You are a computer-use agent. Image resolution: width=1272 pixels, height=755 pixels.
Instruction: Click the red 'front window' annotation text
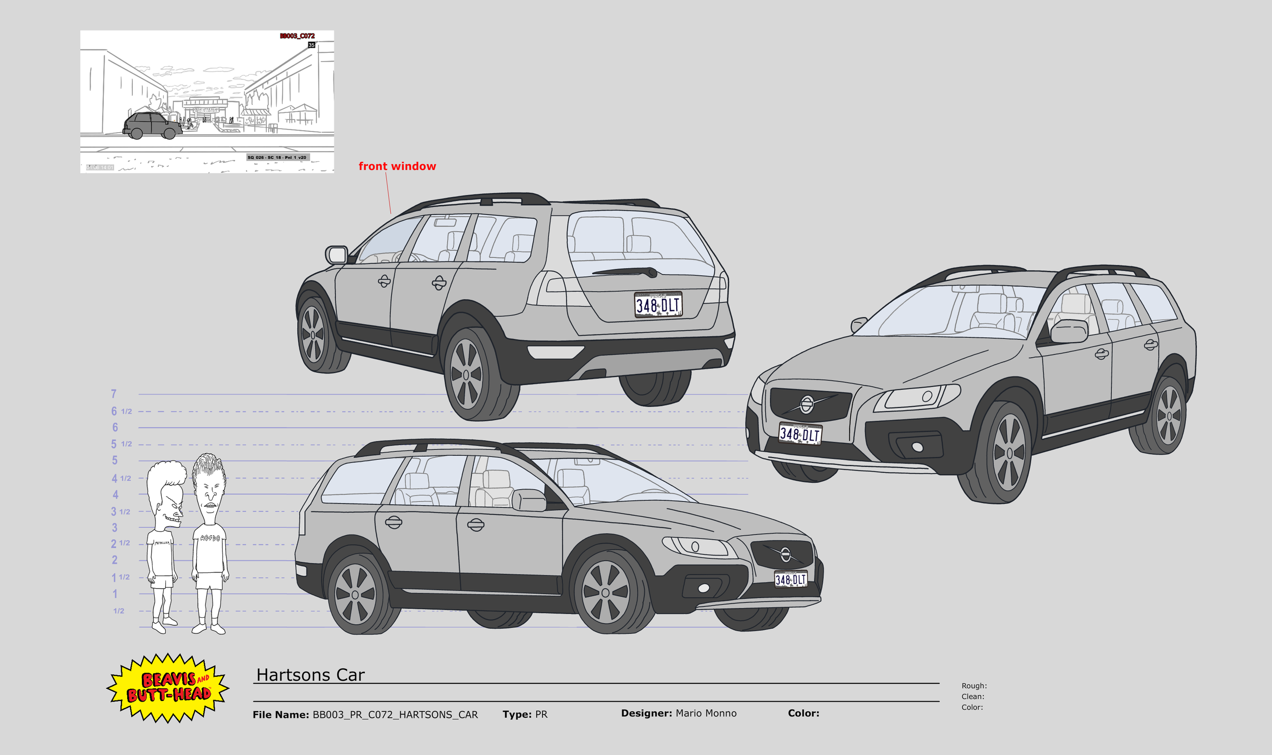(x=397, y=166)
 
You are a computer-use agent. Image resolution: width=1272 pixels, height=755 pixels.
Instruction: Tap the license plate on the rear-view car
(x=658, y=305)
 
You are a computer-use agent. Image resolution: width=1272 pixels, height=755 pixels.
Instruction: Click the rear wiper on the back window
(x=626, y=272)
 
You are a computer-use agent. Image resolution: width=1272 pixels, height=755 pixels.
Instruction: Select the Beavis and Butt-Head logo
(x=168, y=687)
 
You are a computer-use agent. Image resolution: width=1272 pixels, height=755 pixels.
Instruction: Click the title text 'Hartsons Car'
(x=310, y=675)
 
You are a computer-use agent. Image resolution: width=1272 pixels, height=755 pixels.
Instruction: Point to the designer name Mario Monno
(x=706, y=713)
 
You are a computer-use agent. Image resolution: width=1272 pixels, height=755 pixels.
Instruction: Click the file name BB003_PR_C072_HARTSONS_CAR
(x=395, y=714)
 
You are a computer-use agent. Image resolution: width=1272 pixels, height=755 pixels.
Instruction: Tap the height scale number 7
(x=113, y=394)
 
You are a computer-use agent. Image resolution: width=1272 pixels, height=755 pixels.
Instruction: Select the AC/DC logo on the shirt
(x=210, y=538)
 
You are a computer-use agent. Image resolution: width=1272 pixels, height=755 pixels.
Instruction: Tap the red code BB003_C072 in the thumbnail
(x=297, y=36)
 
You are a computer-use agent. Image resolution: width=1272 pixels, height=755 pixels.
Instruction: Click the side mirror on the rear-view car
(x=336, y=254)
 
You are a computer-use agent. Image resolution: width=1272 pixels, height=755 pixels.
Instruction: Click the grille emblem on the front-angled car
(x=806, y=404)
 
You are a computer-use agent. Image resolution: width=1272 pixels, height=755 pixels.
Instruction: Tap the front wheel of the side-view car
(x=605, y=593)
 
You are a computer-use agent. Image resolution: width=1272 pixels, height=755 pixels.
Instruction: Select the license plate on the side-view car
(x=790, y=579)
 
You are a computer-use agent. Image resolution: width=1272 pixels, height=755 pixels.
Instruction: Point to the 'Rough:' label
(x=974, y=686)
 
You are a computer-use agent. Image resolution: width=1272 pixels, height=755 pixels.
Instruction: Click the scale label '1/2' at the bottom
(x=119, y=611)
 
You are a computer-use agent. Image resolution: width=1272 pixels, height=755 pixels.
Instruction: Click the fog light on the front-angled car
(x=917, y=447)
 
